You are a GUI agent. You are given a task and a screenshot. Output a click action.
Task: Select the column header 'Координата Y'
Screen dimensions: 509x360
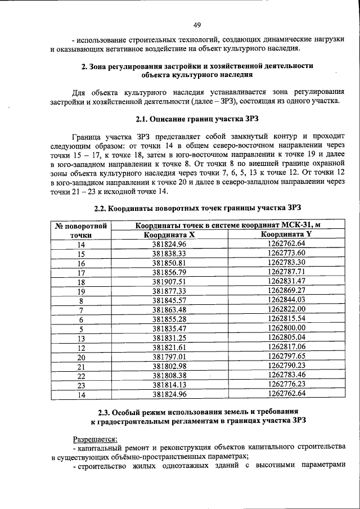[286, 235]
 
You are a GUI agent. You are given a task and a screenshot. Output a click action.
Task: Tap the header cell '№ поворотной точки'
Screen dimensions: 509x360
[81, 230]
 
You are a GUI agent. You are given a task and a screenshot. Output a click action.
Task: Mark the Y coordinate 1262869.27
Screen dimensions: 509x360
[286, 291]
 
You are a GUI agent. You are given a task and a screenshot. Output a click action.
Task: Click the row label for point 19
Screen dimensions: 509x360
[81, 291]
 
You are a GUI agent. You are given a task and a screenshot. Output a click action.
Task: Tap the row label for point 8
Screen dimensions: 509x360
[81, 300]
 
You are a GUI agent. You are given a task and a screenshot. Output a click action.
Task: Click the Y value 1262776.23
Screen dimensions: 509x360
[286, 385]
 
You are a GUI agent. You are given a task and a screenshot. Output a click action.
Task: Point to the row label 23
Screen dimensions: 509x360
[81, 385]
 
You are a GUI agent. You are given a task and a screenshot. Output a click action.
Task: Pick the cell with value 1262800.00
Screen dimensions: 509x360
[286, 328]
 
